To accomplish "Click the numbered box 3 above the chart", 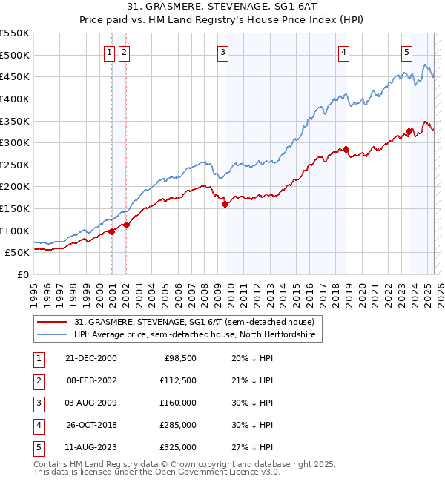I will (x=223, y=52).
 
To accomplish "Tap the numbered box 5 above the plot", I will (x=407, y=52).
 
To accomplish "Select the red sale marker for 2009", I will (x=225, y=205).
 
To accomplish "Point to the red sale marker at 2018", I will (x=346, y=150).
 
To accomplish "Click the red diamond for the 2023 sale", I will (x=409, y=132).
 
